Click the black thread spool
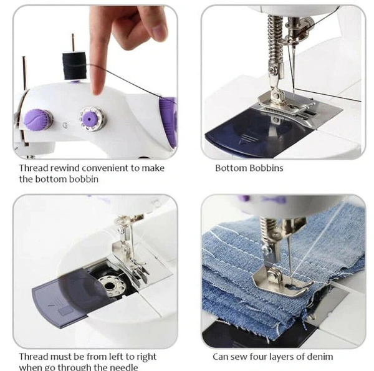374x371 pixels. click(74, 65)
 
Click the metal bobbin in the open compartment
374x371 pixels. click(112, 286)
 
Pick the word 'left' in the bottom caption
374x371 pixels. click(116, 357)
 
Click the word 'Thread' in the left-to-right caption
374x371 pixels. click(34, 357)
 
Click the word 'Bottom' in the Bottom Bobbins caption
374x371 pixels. click(230, 168)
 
